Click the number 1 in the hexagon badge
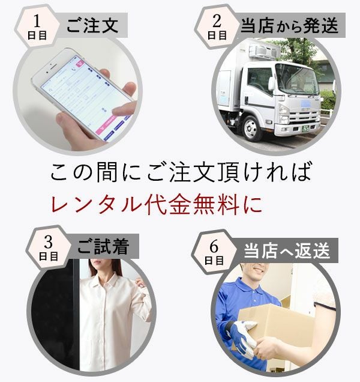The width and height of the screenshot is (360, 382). (x=37, y=21)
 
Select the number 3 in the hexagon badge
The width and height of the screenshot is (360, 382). (x=49, y=242)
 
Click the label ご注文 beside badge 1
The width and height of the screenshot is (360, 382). (x=92, y=25)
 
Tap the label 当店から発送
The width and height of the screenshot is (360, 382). (x=290, y=25)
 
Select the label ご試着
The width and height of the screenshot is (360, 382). (x=103, y=246)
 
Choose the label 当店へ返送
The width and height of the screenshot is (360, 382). (x=287, y=250)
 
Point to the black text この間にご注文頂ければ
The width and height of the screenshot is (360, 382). (x=181, y=172)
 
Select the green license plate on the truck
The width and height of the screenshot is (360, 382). (x=305, y=129)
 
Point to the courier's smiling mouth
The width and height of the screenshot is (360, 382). (x=258, y=270)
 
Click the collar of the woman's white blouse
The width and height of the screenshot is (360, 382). (x=103, y=276)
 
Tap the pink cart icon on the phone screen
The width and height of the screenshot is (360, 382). (x=80, y=63)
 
